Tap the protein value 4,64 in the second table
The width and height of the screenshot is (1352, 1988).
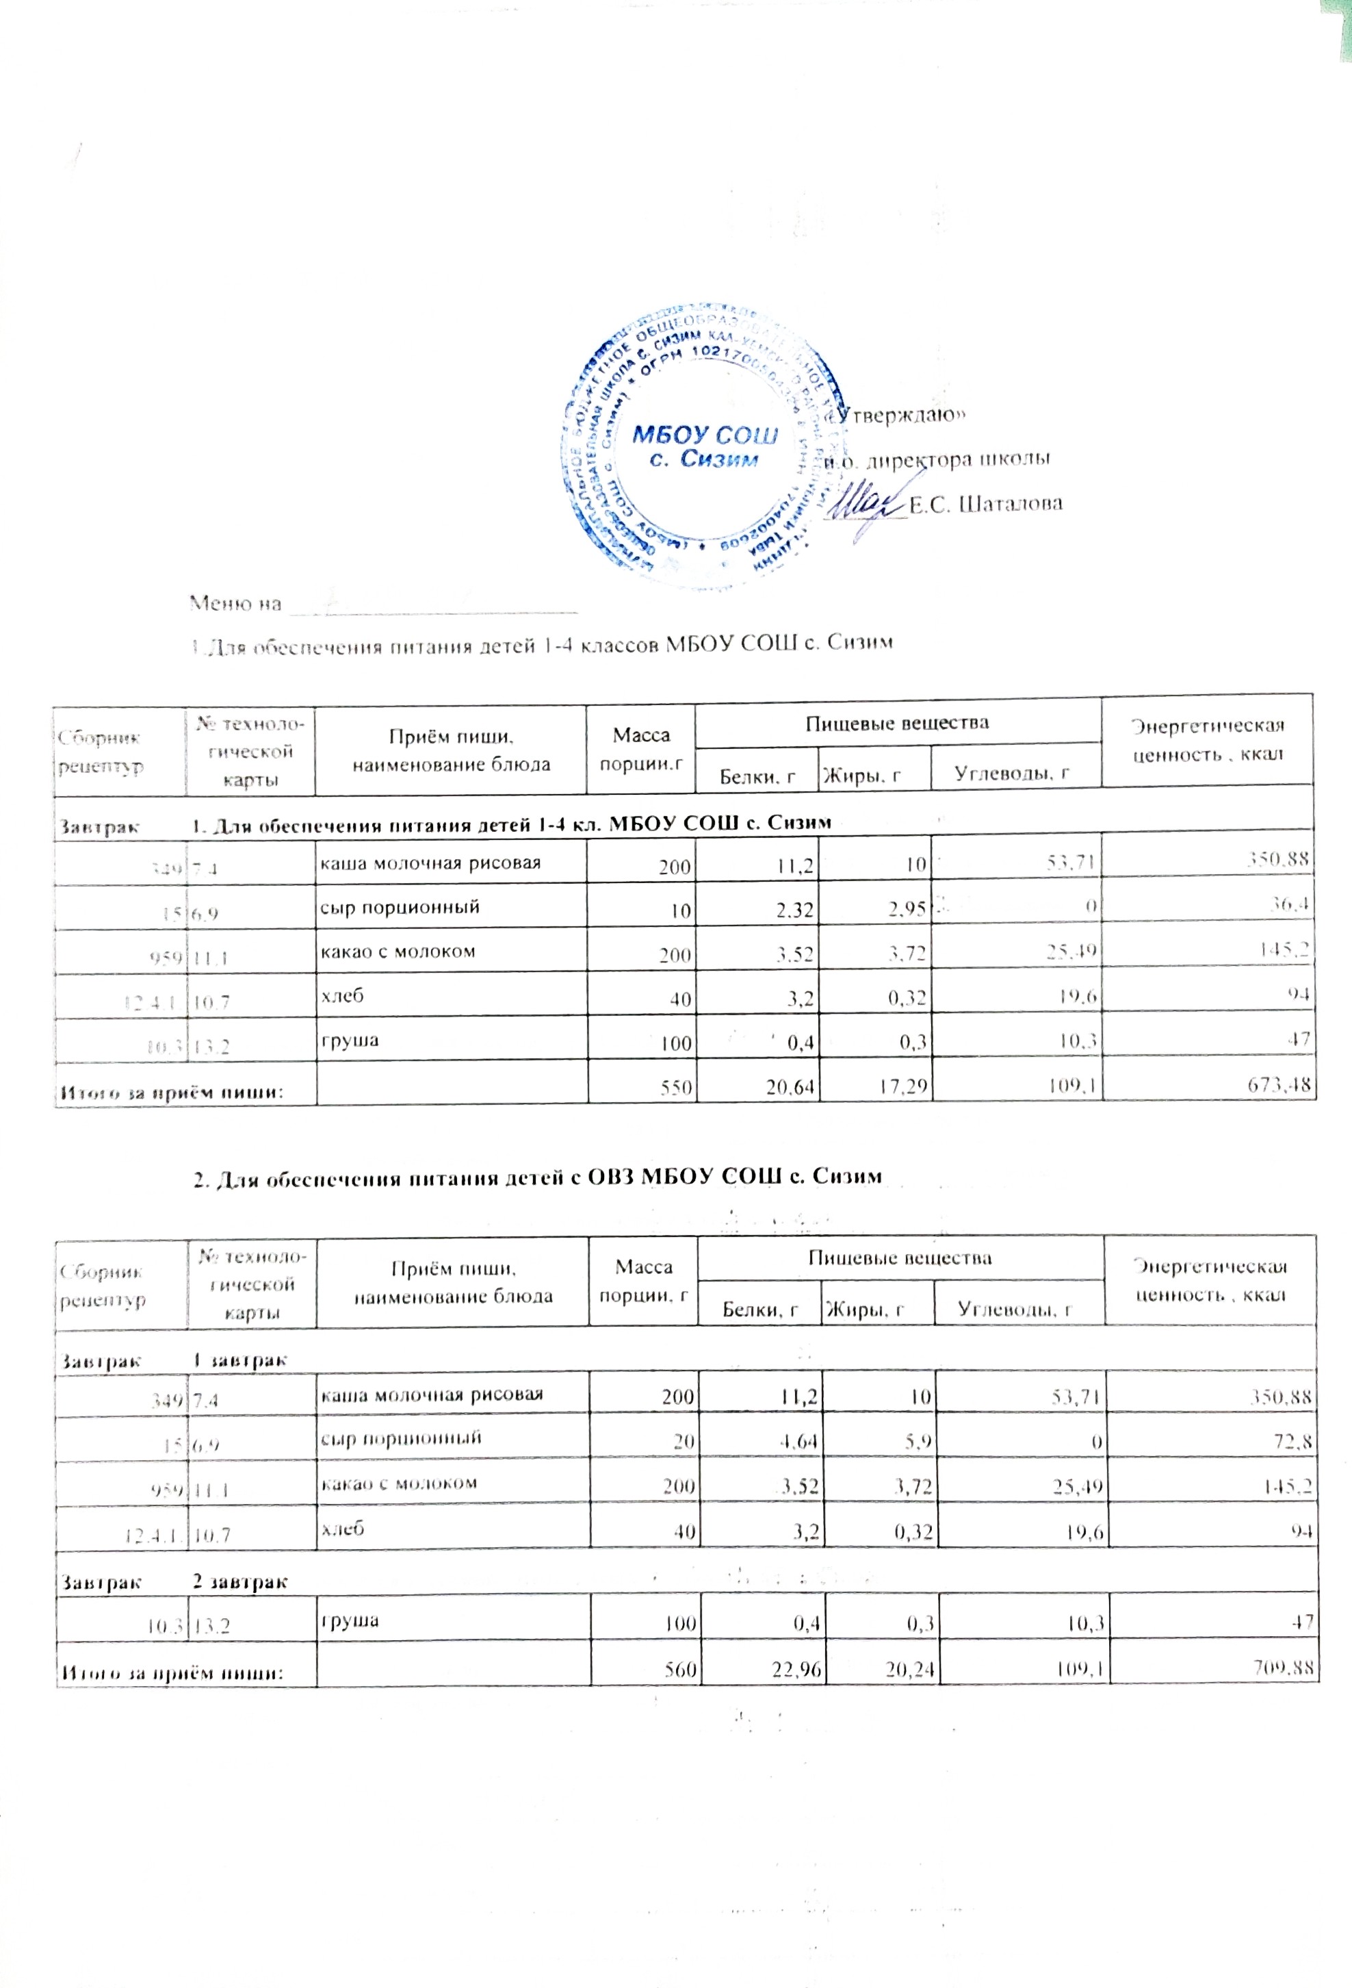(x=797, y=1446)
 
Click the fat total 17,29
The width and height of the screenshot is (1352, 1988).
(x=903, y=1086)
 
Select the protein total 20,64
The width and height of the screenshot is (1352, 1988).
(x=791, y=1087)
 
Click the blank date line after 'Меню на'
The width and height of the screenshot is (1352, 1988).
(x=432, y=607)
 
